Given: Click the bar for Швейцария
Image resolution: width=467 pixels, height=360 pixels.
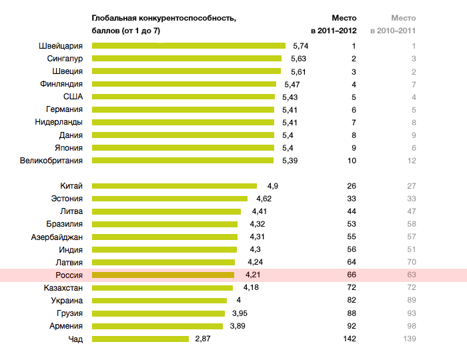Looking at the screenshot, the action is (x=189, y=46).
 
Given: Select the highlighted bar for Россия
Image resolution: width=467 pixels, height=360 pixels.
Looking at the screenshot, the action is (x=163, y=275).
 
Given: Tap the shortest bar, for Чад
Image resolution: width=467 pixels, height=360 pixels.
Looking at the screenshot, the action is (x=140, y=339).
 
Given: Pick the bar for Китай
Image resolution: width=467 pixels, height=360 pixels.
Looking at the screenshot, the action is (x=174, y=186).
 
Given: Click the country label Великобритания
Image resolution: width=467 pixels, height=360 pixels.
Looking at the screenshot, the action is (x=51, y=161).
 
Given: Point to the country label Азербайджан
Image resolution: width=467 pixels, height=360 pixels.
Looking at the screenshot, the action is (x=57, y=237).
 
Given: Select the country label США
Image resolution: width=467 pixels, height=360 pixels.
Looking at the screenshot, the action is (x=73, y=97).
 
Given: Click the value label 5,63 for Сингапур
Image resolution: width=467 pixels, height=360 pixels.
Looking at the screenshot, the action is (x=298, y=59).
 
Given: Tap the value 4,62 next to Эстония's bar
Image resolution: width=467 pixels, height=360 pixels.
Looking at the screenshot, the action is (x=264, y=199).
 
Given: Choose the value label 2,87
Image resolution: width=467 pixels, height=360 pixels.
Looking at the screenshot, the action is (x=203, y=339).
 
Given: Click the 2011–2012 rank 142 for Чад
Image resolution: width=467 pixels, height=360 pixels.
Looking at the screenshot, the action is (x=350, y=339).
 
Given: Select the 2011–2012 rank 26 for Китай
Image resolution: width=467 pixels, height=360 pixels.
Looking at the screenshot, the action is (x=352, y=186).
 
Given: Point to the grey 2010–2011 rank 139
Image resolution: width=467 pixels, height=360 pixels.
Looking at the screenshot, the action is (x=410, y=339).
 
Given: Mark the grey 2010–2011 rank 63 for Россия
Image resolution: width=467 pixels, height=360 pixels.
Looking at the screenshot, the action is (x=412, y=275).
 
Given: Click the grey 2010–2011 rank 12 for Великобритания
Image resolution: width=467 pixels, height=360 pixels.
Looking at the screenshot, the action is (x=412, y=161).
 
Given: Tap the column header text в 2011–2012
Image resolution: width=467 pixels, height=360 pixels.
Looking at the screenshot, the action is (x=334, y=31).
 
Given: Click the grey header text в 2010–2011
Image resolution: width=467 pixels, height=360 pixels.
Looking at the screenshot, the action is (x=393, y=31).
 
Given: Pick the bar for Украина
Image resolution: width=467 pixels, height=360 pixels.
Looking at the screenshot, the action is (x=159, y=301).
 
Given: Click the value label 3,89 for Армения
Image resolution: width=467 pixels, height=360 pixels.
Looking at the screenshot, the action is (x=238, y=326).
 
